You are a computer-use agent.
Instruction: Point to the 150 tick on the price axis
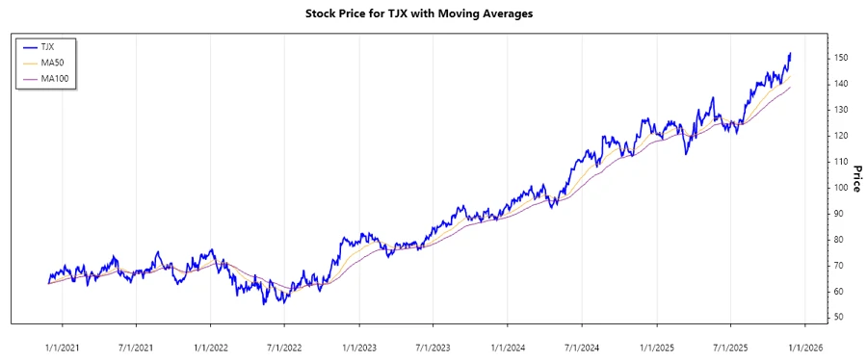click(841, 58)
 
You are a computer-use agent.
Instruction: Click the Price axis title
click(854, 178)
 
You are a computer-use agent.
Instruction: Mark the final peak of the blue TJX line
click(790, 54)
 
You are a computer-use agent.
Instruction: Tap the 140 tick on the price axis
click(841, 84)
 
